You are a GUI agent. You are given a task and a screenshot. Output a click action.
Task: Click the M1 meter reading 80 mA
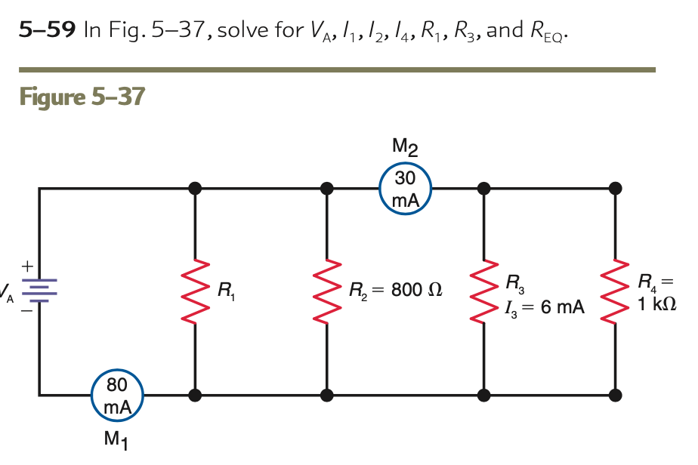pyautogui.click(x=116, y=395)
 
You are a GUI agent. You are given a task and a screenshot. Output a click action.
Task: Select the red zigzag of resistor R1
pyautogui.click(x=195, y=291)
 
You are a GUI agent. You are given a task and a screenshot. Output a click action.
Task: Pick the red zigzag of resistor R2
pyautogui.click(x=327, y=291)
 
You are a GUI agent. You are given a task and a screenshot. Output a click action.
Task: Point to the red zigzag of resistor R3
pyautogui.click(x=483, y=291)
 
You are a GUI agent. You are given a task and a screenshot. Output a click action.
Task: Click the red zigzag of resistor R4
pyautogui.click(x=616, y=291)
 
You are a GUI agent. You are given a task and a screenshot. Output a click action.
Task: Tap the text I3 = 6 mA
pyautogui.click(x=545, y=307)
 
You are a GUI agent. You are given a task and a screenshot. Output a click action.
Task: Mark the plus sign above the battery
pyautogui.click(x=27, y=266)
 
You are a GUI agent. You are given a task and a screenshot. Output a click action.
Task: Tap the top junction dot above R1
pyautogui.click(x=195, y=188)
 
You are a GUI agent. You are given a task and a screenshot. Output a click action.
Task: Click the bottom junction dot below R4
pyautogui.click(x=616, y=394)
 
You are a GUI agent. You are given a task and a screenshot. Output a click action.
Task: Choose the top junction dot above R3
pyautogui.click(x=483, y=188)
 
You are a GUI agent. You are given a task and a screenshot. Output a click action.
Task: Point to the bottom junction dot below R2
pyautogui.click(x=327, y=394)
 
